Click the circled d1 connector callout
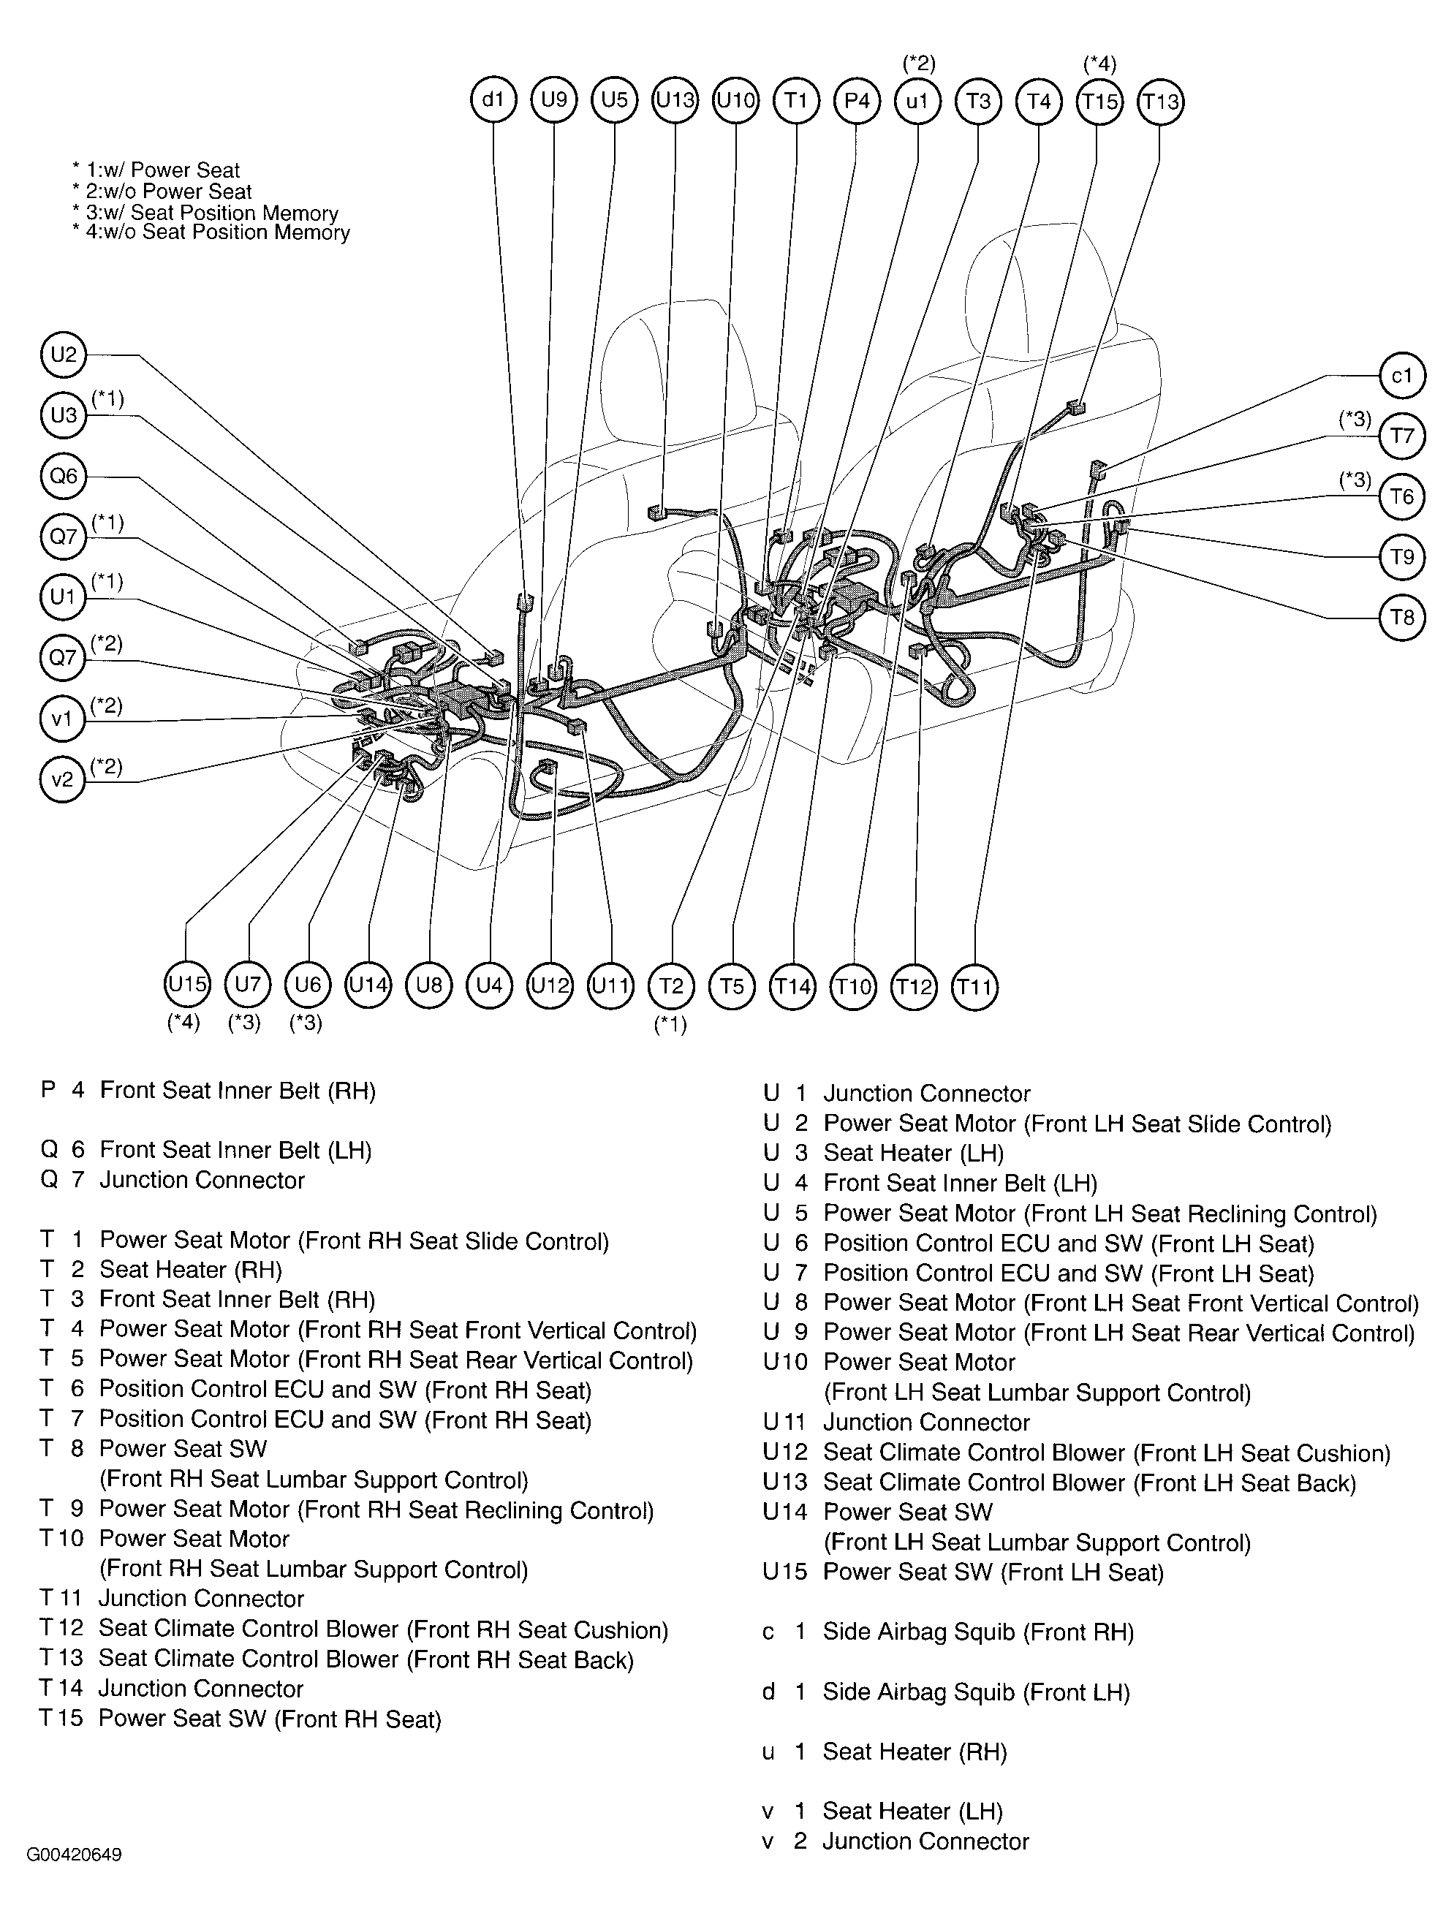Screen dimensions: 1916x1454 (x=493, y=100)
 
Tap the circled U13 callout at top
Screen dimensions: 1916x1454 (x=675, y=100)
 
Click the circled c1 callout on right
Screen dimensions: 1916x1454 (x=1402, y=376)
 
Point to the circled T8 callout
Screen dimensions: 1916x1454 (x=1402, y=618)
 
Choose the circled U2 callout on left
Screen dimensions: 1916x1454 (x=63, y=355)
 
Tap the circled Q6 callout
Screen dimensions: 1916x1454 (x=63, y=476)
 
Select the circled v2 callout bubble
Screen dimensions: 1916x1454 (x=62, y=779)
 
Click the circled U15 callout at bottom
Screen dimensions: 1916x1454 (x=187, y=985)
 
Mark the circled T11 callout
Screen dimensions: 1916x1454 (x=974, y=987)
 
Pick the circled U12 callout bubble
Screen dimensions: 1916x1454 (x=550, y=985)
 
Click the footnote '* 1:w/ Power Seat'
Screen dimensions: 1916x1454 (x=156, y=170)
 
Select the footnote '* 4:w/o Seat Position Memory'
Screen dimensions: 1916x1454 (x=211, y=232)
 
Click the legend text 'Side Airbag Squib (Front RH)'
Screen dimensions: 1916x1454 (x=977, y=1632)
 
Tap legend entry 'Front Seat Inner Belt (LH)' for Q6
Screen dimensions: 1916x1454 (x=235, y=1151)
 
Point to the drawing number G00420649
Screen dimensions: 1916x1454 (x=74, y=1855)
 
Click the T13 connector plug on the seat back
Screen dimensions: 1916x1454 (x=1075, y=406)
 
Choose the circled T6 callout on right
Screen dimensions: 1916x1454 (x=1402, y=496)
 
